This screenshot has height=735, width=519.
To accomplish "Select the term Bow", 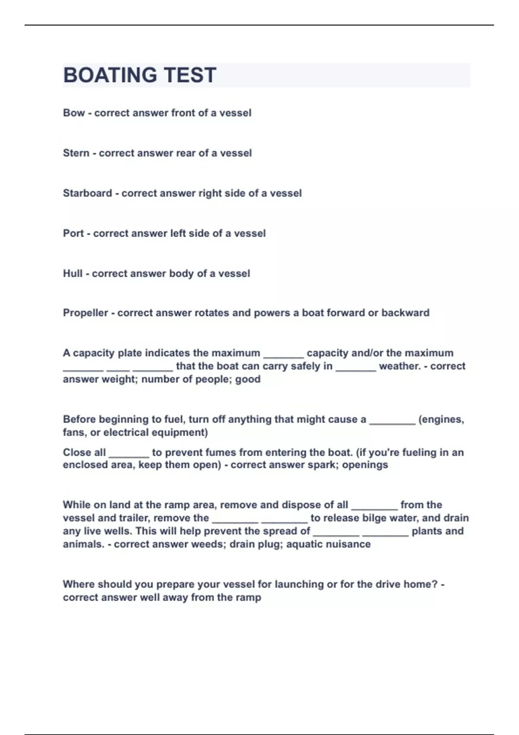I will (x=74, y=113).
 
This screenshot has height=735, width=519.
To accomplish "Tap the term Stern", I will (x=76, y=153).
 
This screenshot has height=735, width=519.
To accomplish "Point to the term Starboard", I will (x=87, y=193).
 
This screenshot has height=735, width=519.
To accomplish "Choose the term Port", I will (x=73, y=233).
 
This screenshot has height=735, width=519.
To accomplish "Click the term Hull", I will (x=73, y=274).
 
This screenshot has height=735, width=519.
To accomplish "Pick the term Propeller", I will (x=85, y=313).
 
